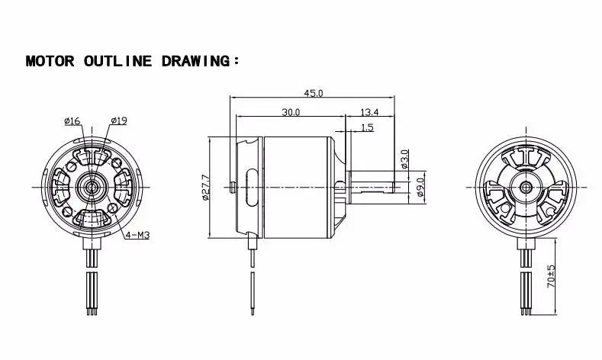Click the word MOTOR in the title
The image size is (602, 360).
[50, 61]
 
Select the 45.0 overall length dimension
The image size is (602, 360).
[313, 93]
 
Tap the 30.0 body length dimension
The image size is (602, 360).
[290, 112]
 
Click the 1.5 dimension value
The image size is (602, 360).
[368, 127]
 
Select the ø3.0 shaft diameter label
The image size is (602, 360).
[404, 158]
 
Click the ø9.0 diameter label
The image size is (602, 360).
[420, 185]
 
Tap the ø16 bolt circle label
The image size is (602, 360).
[73, 120]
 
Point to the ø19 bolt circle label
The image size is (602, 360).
[118, 120]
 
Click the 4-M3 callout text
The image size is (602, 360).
[137, 235]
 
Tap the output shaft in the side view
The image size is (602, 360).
[374, 185]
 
